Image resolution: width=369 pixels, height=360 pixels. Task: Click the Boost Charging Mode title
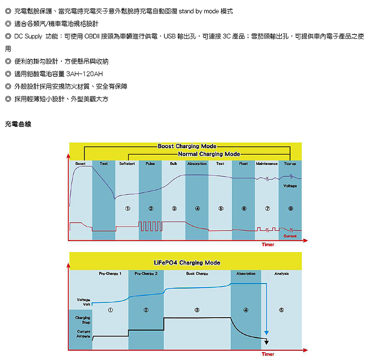[187, 146]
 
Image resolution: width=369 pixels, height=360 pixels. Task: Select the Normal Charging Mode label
[209, 154]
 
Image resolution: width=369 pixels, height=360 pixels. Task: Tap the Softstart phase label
[127, 164]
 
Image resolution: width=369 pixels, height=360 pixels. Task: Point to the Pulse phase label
[151, 164]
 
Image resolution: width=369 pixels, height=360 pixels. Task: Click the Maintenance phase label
[267, 164]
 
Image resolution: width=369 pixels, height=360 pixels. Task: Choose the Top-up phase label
[290, 164]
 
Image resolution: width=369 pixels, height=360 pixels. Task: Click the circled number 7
[267, 208]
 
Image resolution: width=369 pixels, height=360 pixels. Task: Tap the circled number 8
[291, 208]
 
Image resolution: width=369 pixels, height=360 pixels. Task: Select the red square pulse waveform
[150, 226]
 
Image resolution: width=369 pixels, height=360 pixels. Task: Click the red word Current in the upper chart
[290, 236]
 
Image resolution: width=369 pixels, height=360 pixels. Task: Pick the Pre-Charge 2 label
[146, 273]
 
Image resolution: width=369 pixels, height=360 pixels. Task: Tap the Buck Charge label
[197, 273]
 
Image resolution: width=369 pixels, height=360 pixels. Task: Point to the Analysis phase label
[281, 273]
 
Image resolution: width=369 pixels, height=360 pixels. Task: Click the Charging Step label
[83, 320]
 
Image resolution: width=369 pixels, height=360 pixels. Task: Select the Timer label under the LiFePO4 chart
[268, 354]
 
